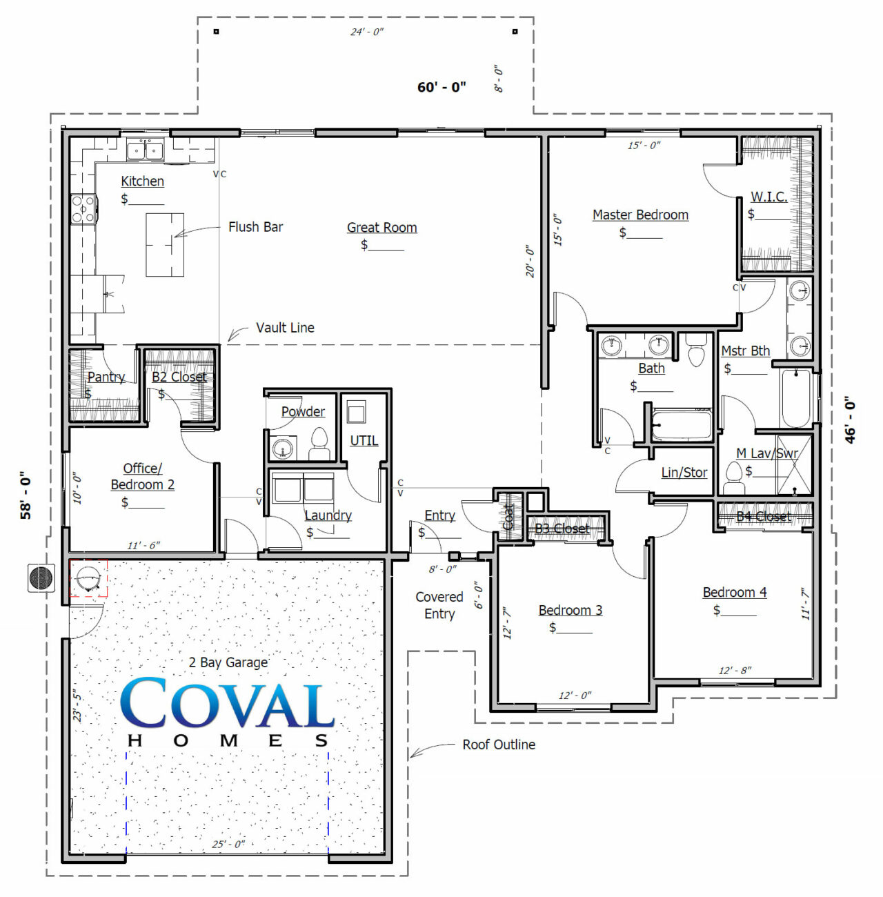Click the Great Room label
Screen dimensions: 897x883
(381, 227)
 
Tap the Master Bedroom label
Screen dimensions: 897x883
(640, 215)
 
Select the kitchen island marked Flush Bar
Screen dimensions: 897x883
(165, 244)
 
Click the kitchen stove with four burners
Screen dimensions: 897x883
(83, 209)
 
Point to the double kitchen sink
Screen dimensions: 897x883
(145, 150)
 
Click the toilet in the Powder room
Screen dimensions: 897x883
(319, 444)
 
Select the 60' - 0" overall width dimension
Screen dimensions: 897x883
(441, 87)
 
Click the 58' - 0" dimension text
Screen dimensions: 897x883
(26, 495)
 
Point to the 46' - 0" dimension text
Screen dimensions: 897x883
(851, 420)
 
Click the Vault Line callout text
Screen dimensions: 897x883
(285, 328)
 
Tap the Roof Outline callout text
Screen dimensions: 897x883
(499, 745)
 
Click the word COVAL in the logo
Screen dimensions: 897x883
(227, 703)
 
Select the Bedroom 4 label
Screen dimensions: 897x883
(734, 592)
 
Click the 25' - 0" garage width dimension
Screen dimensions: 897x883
(228, 844)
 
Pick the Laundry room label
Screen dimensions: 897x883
(328, 515)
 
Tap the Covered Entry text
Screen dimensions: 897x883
(439, 605)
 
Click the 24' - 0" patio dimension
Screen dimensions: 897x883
(367, 32)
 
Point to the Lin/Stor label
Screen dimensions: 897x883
(684, 473)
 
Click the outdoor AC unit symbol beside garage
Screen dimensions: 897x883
(41, 578)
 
